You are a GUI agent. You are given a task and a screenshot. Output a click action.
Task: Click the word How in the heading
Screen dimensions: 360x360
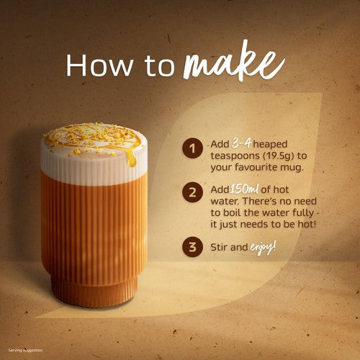99,66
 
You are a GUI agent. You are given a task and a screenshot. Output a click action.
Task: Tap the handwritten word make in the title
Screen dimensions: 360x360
234,63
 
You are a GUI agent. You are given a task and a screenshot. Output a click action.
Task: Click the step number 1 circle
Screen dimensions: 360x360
192,148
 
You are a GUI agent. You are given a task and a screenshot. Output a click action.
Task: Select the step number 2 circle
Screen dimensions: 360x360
192,192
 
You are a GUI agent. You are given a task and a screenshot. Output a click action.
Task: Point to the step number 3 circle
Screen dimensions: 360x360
192,247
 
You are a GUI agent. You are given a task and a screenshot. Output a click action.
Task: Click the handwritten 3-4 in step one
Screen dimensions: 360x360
241,143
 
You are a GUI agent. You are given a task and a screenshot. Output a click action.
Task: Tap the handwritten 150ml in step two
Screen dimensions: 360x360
244,189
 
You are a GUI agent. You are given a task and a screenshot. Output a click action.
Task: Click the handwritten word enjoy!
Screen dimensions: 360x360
263,248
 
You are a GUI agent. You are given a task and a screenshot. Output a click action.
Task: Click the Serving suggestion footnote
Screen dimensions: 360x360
25,351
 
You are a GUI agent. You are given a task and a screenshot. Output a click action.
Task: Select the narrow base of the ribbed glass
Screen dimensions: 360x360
94,292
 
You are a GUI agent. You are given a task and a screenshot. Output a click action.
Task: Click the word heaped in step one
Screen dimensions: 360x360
270,144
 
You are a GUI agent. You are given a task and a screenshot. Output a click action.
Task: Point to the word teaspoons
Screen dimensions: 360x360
235,156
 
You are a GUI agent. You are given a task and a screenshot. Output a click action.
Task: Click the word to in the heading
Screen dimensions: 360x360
159,67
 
